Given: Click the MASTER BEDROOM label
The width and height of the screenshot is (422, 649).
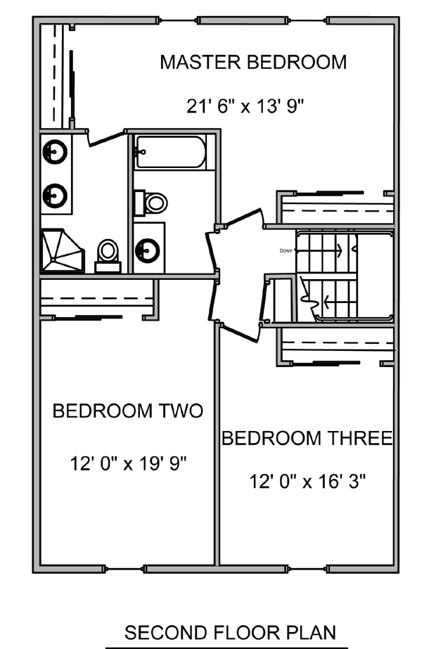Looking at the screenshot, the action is pos(253,62).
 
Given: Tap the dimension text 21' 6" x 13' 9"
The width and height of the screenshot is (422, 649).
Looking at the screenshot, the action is pos(245,106).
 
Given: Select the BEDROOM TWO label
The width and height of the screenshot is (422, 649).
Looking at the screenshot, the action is pos(128,411).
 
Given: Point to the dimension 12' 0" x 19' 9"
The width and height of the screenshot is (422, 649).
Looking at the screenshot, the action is pos(129,463).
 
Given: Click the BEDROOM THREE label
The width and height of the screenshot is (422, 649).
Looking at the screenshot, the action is pos(307,438).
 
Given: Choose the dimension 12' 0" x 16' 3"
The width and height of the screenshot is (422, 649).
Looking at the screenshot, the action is pos(307,482).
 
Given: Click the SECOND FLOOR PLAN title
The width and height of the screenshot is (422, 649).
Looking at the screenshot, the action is pos(230,633).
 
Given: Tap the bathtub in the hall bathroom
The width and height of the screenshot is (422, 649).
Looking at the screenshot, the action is pos(170,153).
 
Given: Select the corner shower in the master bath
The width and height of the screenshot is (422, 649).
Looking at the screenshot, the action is pos(62,251).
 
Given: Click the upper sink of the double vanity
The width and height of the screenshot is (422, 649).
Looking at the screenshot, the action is pos(55,152).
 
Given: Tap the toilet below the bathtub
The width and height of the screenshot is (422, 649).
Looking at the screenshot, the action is pos(151,203).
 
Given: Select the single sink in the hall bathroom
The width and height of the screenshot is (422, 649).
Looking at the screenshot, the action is pos(148,249).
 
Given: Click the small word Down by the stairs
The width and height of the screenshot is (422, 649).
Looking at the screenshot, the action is pos(286,251).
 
